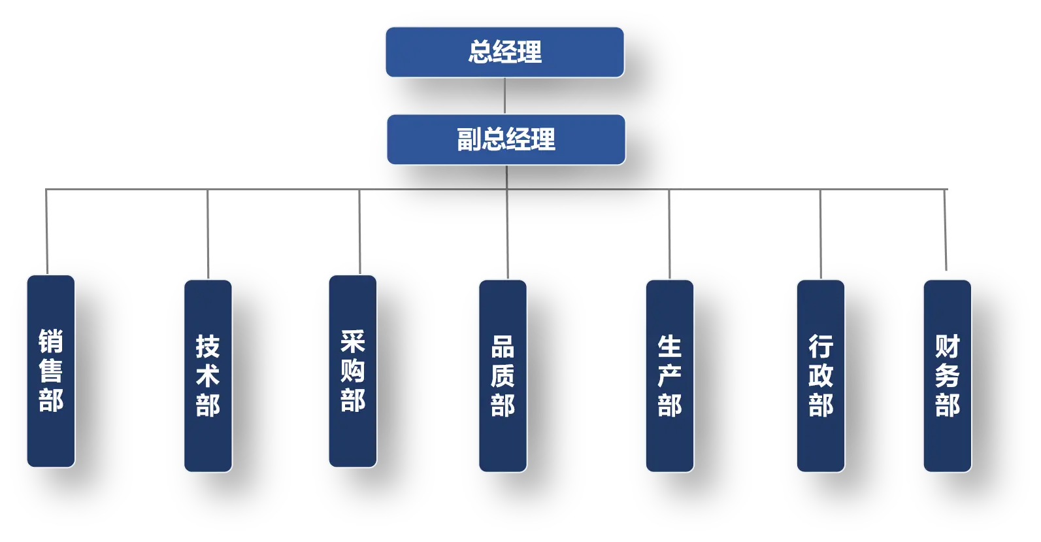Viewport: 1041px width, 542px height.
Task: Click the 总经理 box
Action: [x=504, y=52]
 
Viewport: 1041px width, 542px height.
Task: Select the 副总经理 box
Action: [x=506, y=139]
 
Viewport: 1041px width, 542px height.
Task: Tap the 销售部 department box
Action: [x=51, y=371]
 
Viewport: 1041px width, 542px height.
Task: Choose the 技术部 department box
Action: [x=208, y=375]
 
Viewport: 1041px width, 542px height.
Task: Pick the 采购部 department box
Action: [x=353, y=371]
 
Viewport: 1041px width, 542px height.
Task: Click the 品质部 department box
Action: [x=503, y=375]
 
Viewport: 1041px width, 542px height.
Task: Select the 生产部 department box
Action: [x=670, y=375]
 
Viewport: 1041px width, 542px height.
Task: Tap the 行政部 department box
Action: [x=821, y=375]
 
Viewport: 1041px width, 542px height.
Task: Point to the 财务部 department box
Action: [x=948, y=375]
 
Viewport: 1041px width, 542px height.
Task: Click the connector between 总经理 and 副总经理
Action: [x=505, y=95]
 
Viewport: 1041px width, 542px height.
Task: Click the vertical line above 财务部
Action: [x=946, y=229]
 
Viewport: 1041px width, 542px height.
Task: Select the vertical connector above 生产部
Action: [x=669, y=234]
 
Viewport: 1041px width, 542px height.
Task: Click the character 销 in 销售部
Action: [x=51, y=341]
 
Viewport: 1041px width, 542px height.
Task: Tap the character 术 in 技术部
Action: [x=208, y=375]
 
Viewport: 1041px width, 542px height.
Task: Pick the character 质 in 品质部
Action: [x=503, y=375]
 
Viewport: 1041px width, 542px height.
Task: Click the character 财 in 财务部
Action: [x=948, y=347]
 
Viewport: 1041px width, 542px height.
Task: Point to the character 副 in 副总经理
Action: [x=469, y=139]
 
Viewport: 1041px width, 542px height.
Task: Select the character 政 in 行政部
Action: [x=821, y=375]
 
